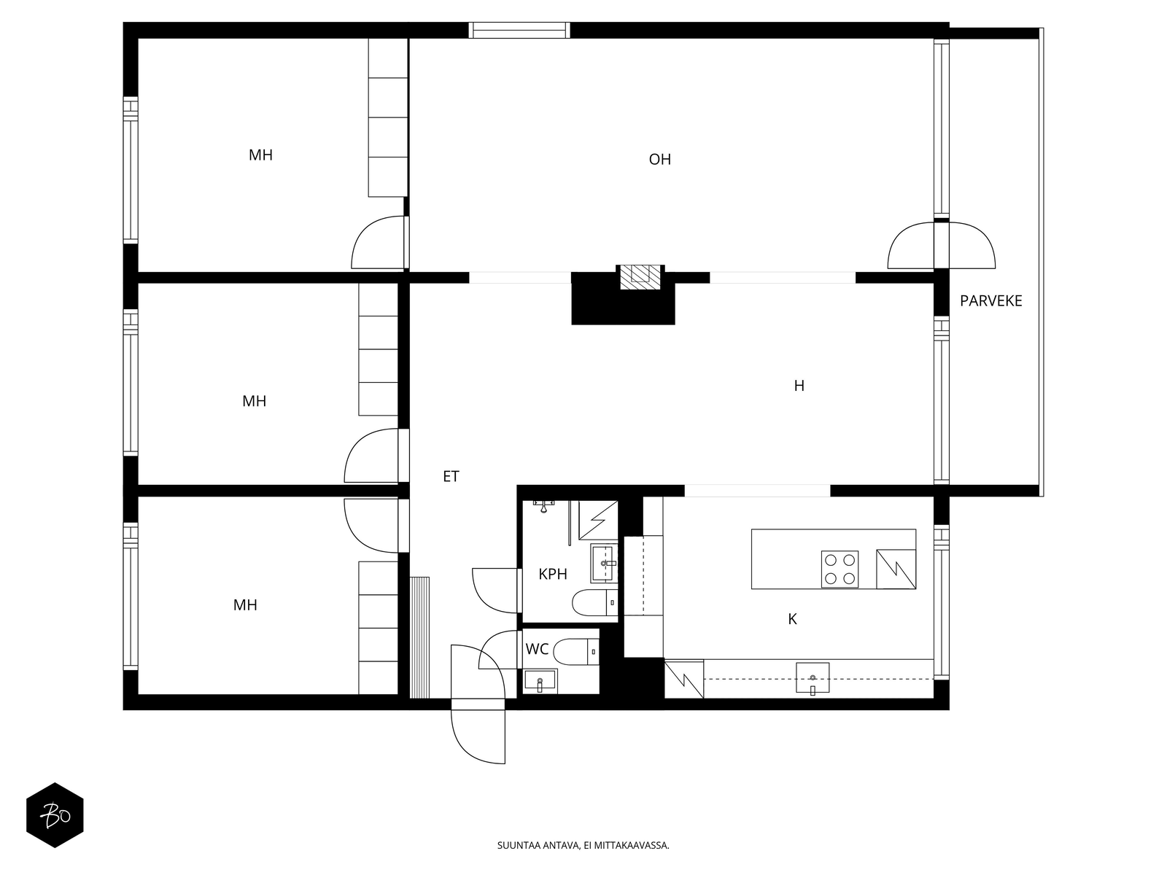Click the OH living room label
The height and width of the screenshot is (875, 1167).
[659, 160]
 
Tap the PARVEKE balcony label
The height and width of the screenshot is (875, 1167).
[990, 300]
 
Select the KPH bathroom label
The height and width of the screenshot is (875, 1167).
[552, 574]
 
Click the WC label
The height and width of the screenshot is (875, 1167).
[536, 649]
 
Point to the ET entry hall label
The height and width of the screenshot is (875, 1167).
[450, 476]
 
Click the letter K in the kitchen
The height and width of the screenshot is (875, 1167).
[792, 619]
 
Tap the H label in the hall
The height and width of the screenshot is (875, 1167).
[799, 386]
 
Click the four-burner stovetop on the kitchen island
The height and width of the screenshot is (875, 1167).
[840, 569]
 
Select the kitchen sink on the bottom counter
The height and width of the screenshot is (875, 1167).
[812, 678]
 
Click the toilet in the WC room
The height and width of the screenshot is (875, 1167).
[576, 651]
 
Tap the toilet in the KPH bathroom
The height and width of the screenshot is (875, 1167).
[595, 602]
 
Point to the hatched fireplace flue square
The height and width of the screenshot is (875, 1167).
[640, 276]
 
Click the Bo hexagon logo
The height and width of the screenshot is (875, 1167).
[55, 815]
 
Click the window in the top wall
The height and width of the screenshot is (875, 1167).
[519, 31]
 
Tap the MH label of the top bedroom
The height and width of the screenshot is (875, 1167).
[260, 155]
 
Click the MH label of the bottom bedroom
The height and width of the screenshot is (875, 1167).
[245, 605]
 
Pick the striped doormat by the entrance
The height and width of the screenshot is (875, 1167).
[419, 637]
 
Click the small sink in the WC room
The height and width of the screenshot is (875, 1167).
[540, 680]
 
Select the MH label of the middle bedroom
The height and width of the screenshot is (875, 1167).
[254, 401]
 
